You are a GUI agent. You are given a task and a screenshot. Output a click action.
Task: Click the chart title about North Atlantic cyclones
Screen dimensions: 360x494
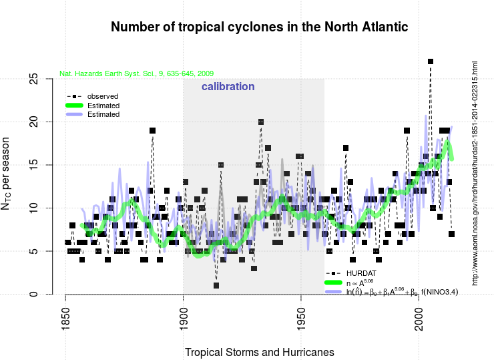pos(259,27)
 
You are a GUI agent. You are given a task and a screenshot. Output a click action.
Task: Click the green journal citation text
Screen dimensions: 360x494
pos(136,73)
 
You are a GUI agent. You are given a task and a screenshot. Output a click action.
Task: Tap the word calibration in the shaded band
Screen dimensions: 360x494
pos(228,87)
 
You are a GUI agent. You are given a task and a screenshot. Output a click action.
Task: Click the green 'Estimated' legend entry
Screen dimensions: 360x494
pos(103,106)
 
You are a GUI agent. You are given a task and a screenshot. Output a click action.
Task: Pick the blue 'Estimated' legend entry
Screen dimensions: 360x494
pos(103,114)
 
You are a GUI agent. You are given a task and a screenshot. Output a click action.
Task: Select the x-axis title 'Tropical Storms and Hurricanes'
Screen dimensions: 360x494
pos(260,351)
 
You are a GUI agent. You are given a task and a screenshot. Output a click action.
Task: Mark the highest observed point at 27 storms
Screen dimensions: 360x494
pos(431,61)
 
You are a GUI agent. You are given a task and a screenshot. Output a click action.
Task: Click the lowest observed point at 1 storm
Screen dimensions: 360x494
pos(216,286)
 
